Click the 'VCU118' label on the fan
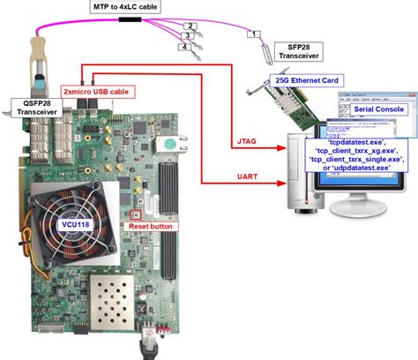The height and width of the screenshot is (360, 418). pos(72,223)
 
